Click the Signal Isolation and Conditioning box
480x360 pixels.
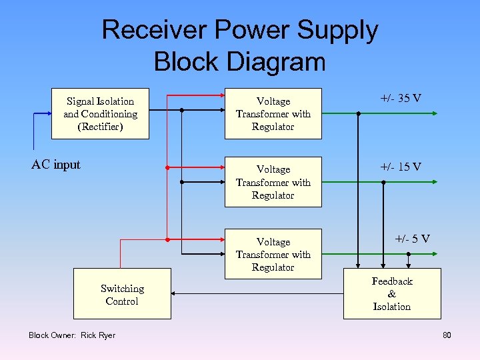[100, 113]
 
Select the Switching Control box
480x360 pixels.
[122, 294]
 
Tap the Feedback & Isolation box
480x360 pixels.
[391, 294]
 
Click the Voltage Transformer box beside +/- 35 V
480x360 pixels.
[273, 113]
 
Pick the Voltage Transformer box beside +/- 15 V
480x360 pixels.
[273, 182]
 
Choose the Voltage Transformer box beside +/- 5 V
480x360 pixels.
[273, 254]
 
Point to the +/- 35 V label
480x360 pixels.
[400, 99]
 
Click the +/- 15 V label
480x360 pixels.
[400, 167]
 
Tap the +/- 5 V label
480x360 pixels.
[412, 239]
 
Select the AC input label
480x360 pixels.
[56, 165]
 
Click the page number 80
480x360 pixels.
[447, 335]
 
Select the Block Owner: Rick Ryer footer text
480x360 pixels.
[72, 335]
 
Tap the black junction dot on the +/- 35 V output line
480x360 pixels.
[359, 113]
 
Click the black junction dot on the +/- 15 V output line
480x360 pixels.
[383, 182]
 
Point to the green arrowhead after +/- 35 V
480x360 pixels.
[435, 113]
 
